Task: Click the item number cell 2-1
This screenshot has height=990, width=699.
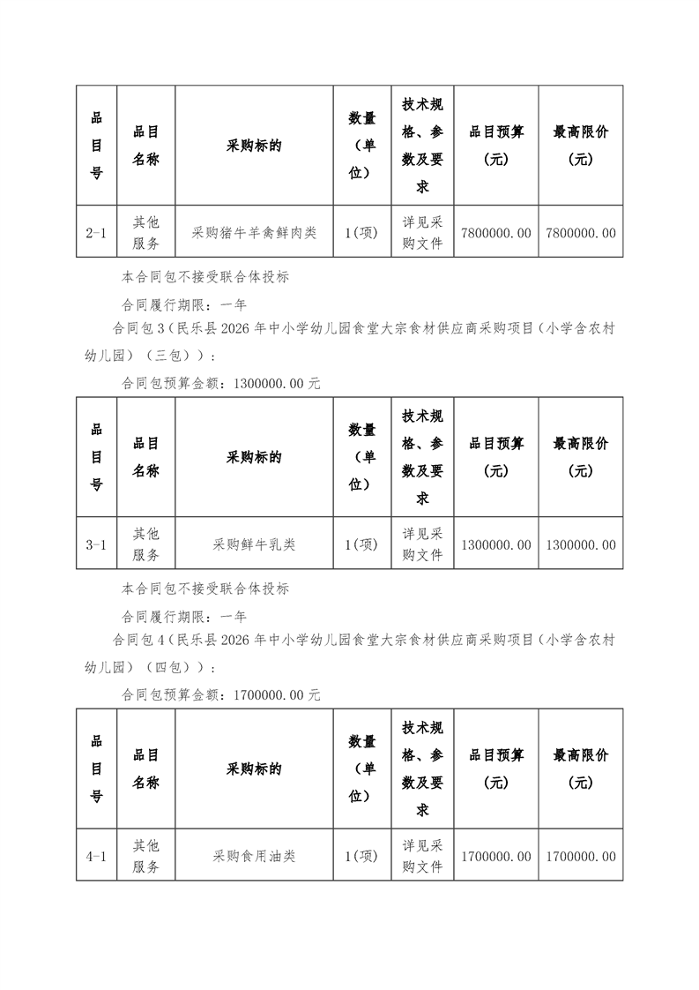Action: [96, 233]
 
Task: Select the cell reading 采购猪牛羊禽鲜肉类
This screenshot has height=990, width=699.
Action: [254, 233]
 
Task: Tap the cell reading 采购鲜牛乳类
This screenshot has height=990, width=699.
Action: [254, 544]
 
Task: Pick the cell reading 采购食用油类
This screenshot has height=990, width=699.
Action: [254, 856]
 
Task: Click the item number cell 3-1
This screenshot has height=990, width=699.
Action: [96, 544]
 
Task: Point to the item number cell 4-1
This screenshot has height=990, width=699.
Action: [96, 856]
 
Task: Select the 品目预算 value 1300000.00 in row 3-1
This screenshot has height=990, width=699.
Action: [496, 544]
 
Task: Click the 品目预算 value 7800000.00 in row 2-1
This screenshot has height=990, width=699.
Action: [496, 233]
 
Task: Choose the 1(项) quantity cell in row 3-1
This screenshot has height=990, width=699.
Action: [361, 544]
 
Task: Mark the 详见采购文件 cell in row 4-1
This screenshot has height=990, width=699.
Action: [422, 856]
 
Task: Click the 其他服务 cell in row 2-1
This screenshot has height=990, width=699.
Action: [145, 233]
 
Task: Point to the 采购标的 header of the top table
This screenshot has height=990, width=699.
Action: [254, 146]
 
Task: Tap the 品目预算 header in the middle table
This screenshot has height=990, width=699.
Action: [496, 457]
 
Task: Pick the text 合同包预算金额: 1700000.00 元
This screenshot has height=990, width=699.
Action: [220, 695]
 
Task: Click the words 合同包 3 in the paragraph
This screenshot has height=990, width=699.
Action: [141, 329]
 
